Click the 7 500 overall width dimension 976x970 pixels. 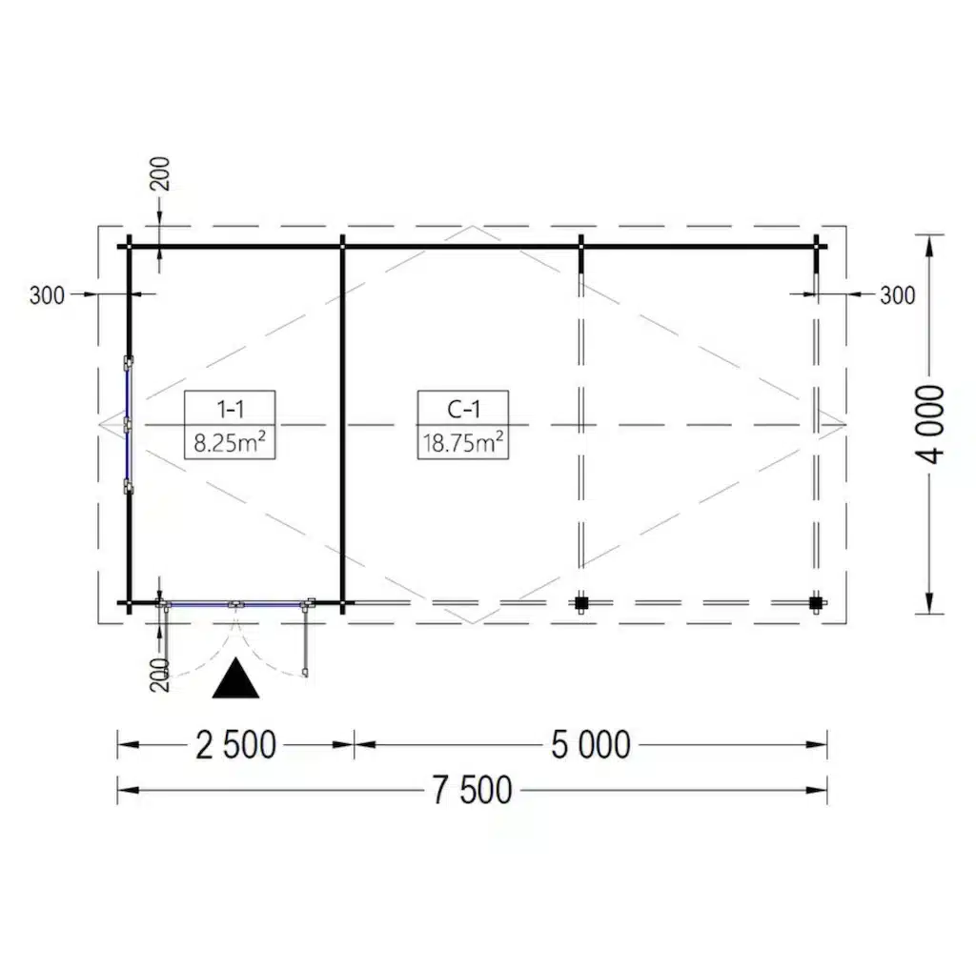[x=473, y=790]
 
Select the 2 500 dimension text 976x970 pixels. [x=236, y=745]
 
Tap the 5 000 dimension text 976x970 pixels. [x=591, y=745]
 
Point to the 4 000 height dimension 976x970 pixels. [x=930, y=424]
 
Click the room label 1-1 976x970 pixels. [x=231, y=409]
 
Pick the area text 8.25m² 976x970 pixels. [x=230, y=442]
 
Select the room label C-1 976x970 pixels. [x=463, y=409]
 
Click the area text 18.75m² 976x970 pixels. [x=463, y=442]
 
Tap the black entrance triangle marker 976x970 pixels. [x=235, y=678]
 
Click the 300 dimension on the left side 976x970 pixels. [x=47, y=295]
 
